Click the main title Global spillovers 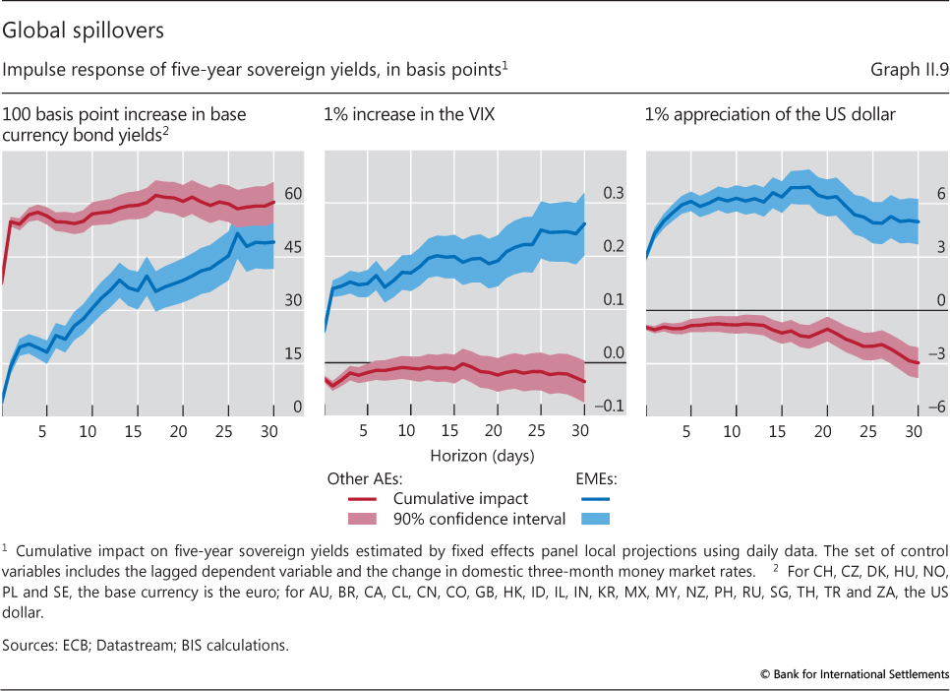coord(83,31)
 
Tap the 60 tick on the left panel coord(293,195)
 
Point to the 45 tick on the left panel coord(293,248)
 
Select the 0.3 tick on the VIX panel coord(614,194)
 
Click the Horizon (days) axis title coord(481,456)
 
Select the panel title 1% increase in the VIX coord(408,115)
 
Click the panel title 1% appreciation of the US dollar coord(770,115)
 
